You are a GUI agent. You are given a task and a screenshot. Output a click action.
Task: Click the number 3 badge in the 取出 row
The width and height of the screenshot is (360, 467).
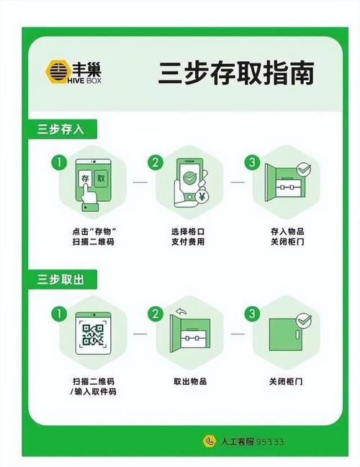(x=252, y=313)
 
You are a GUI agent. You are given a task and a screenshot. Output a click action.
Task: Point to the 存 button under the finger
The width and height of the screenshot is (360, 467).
(x=85, y=177)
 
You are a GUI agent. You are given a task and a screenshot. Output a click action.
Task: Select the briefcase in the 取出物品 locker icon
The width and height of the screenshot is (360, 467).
(x=192, y=337)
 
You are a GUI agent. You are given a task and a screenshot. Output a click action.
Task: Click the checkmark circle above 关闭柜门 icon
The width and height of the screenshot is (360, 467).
(x=303, y=318)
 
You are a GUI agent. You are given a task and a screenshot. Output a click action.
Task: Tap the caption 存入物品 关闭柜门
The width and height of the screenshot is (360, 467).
(x=285, y=236)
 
